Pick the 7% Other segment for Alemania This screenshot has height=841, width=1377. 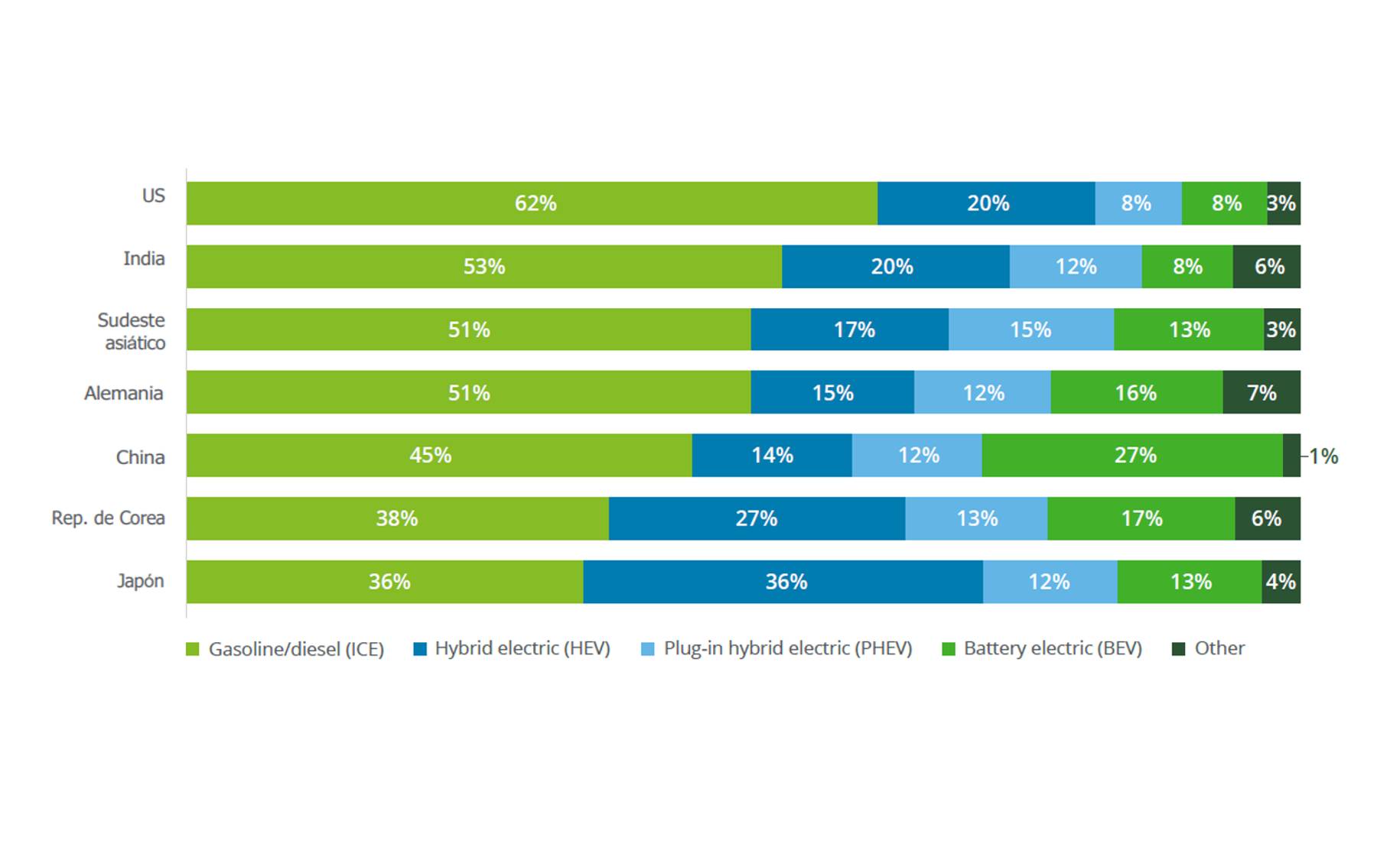(x=1261, y=393)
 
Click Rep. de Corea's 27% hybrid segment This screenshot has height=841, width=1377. (x=757, y=518)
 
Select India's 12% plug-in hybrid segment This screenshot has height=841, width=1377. (x=1076, y=267)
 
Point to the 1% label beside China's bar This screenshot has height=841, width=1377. (x=1323, y=456)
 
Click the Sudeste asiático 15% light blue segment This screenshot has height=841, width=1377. (x=1030, y=330)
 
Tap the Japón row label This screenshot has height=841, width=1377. (x=141, y=581)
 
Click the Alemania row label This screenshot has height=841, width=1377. (x=124, y=393)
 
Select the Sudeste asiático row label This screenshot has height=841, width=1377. (x=132, y=331)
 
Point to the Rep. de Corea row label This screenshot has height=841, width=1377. (x=108, y=518)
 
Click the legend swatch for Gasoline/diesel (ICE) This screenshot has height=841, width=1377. (x=193, y=649)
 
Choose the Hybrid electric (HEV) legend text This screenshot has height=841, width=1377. (x=522, y=648)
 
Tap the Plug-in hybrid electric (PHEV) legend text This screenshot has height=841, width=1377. (x=788, y=648)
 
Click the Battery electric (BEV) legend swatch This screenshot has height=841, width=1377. (x=949, y=649)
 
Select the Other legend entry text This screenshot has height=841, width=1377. (x=1219, y=648)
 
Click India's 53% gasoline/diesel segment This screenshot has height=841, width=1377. (x=484, y=267)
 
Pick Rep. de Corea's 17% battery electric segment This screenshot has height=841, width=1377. (x=1141, y=518)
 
